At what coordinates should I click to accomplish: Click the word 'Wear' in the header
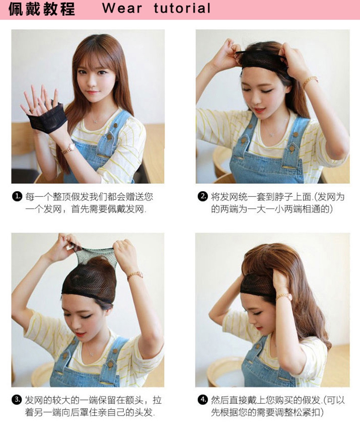(122, 8)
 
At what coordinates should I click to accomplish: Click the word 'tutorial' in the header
(182, 8)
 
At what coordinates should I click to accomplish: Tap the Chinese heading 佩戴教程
(42, 9)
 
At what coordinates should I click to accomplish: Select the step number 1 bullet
(17, 196)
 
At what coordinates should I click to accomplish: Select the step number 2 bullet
(203, 196)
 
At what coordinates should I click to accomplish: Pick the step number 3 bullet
(17, 400)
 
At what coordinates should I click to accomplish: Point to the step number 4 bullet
(203, 400)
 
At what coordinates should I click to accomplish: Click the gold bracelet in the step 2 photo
(310, 82)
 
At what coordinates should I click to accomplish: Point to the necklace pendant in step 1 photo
(95, 121)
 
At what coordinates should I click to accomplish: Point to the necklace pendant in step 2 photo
(273, 134)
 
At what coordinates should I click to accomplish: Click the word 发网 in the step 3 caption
(34, 400)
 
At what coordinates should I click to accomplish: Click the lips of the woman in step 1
(93, 93)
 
